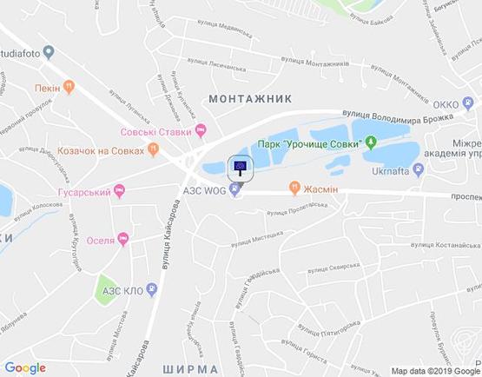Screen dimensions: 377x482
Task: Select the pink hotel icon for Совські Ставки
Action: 201,131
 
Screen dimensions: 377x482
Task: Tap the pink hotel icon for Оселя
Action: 124,238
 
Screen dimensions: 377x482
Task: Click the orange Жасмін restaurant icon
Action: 296,187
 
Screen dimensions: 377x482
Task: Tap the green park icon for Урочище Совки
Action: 371,142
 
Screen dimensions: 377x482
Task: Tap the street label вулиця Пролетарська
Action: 296,208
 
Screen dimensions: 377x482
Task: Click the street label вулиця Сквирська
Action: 333,268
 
